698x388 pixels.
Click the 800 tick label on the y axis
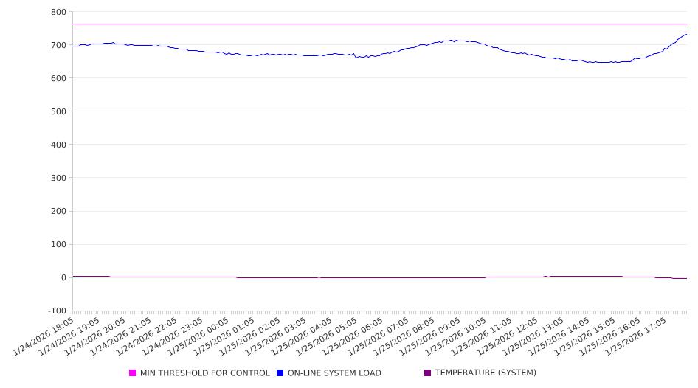(58, 12)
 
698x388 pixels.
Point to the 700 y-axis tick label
(58, 45)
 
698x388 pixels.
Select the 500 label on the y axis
(58, 111)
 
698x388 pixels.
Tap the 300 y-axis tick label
(58, 178)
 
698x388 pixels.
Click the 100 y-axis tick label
(58, 245)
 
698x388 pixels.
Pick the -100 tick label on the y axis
(56, 311)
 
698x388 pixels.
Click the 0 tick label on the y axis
(63, 278)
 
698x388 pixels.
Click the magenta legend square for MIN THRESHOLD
(133, 373)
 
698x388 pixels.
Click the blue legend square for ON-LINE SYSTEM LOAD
(280, 373)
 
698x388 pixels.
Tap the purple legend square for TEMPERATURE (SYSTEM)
(428, 373)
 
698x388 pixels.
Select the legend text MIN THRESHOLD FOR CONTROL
(204, 373)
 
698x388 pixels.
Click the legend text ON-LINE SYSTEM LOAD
(334, 373)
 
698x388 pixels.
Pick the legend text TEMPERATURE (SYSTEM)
(486, 373)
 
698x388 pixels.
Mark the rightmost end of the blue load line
(686, 34)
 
